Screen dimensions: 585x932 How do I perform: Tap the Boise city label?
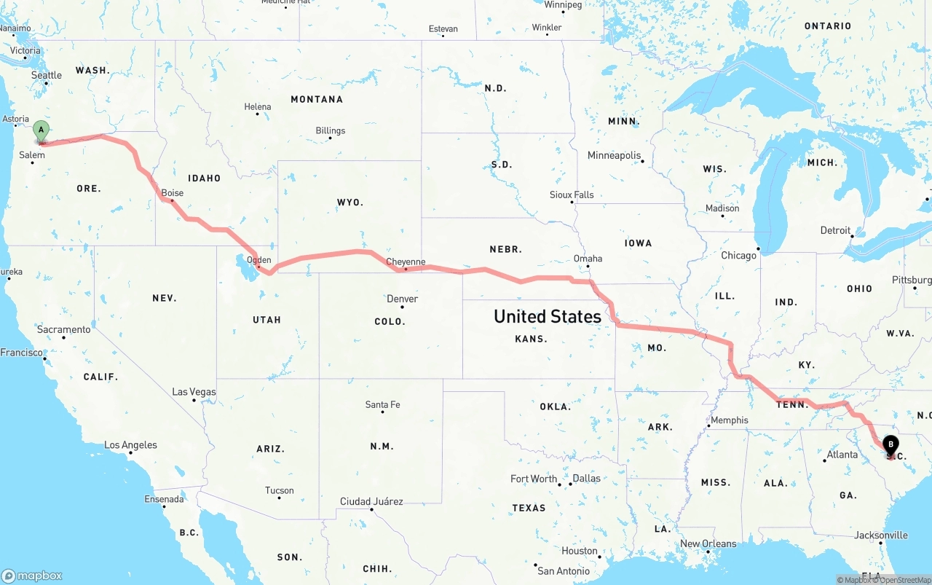pos(173,193)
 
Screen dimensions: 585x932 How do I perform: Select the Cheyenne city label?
pos(406,262)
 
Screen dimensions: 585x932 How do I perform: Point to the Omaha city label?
pos(588,259)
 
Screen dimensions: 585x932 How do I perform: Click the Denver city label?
pos(403,299)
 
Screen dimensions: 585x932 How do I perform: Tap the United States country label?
pos(548,316)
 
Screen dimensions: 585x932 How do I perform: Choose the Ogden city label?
pos(259,260)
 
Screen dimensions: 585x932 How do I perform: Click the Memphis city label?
pos(730,420)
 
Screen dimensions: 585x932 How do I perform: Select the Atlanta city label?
pos(842,455)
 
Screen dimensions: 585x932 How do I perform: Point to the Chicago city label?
pos(738,256)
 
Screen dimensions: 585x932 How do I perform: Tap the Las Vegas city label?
pos(194,392)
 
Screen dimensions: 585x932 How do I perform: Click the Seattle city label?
pos(47,75)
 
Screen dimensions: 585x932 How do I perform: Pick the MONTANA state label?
pos(316,99)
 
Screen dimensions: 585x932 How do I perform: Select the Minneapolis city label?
pos(615,155)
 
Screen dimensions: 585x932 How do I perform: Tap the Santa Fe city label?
pos(382,405)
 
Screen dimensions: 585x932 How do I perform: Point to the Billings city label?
pos(331,131)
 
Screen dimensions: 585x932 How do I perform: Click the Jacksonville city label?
pos(881,535)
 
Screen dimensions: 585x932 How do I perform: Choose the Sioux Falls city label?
pos(572,195)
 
